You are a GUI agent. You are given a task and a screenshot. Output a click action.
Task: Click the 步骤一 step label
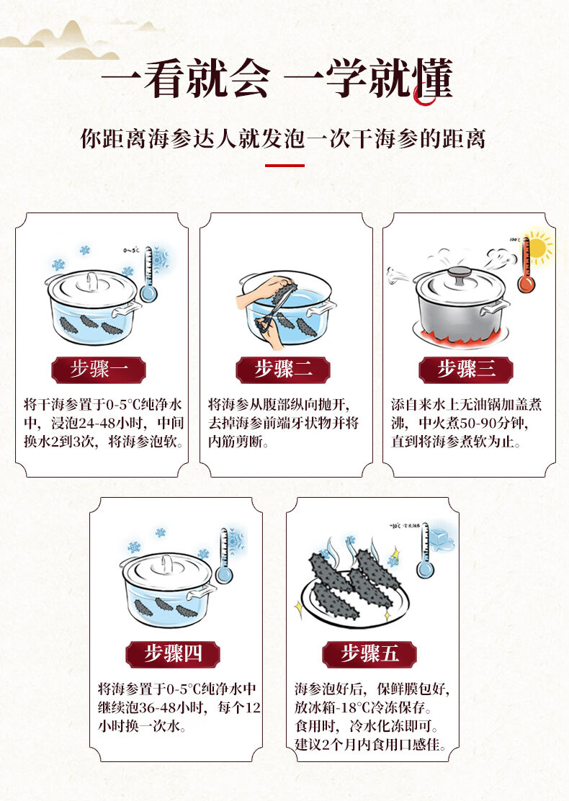[99, 370]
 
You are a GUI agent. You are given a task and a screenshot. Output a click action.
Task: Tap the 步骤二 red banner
[283, 370]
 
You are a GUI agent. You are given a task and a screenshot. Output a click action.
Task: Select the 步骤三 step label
[466, 370]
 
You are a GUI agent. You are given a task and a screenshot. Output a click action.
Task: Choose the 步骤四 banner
[173, 653]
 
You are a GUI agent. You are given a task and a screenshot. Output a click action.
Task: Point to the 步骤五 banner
[370, 653]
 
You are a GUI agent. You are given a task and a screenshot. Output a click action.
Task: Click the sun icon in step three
[539, 247]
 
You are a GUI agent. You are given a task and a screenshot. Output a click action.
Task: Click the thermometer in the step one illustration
[148, 274]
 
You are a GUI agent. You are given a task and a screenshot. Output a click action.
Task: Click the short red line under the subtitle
[284, 166]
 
